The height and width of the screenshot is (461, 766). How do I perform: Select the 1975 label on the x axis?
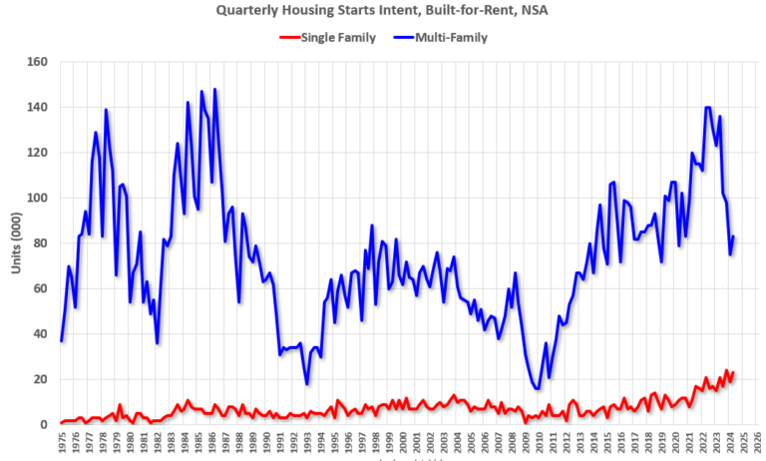[x=62, y=442]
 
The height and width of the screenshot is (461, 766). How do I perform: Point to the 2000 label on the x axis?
[x=403, y=442]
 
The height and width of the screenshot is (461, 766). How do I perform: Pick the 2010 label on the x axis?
[x=540, y=442]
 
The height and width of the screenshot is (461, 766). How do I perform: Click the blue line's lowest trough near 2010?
[x=538, y=389]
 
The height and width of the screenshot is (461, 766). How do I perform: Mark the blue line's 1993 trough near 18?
[x=307, y=384]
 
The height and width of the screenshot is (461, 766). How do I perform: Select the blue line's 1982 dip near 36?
[x=158, y=343]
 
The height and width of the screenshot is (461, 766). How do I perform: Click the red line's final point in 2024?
[x=734, y=372]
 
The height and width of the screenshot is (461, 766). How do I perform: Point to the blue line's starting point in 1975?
[x=62, y=341]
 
